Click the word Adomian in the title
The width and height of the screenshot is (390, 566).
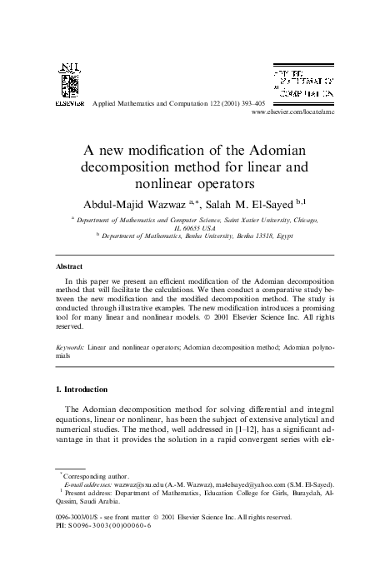(276, 149)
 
